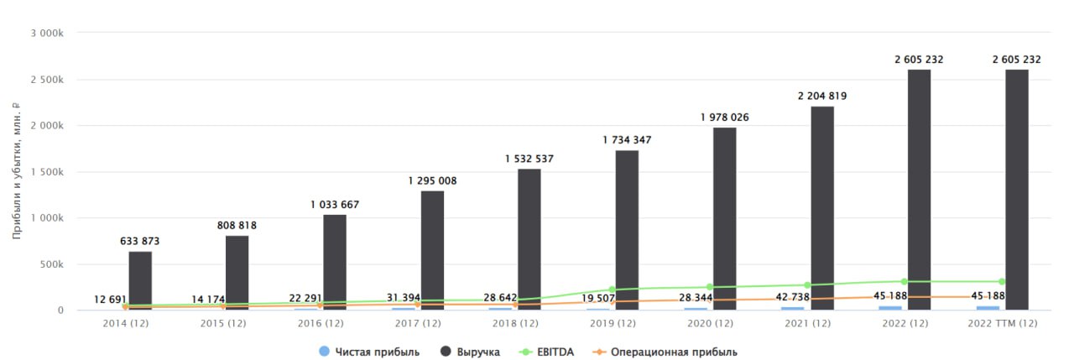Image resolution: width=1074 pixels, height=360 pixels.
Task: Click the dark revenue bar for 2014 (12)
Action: [x=140, y=281]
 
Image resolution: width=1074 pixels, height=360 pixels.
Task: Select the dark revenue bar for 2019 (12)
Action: [x=627, y=230]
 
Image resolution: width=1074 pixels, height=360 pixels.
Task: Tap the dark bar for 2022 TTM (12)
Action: [x=1016, y=190]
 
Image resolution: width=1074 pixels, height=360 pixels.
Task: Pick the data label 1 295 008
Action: [x=432, y=180]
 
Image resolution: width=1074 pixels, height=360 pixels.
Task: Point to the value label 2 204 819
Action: [x=822, y=96]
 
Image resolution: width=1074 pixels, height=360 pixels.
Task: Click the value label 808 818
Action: [x=237, y=225]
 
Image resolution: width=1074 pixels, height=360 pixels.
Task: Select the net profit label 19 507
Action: [x=598, y=298]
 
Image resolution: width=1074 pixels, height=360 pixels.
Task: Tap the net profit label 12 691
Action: [x=110, y=300]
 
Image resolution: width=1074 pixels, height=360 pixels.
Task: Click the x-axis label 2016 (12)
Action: [x=321, y=324]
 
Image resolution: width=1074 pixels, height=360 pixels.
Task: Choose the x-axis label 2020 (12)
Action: [x=710, y=324]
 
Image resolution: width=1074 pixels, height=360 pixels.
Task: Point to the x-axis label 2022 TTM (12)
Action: [x=1003, y=324]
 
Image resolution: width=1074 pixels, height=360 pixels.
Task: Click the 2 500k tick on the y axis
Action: [x=47, y=80]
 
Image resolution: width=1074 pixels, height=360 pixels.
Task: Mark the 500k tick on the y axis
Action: [x=52, y=264]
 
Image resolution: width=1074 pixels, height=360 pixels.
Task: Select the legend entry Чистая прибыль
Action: [x=369, y=352]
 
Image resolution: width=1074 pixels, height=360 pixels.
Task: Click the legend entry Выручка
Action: [x=470, y=352]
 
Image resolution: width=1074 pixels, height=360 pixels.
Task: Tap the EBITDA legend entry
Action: [x=546, y=352]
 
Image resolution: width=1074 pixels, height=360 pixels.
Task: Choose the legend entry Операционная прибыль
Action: [x=665, y=352]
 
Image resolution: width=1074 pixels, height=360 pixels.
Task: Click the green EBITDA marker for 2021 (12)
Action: [x=807, y=285]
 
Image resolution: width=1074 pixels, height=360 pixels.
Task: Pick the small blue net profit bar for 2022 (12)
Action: [x=890, y=308]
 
